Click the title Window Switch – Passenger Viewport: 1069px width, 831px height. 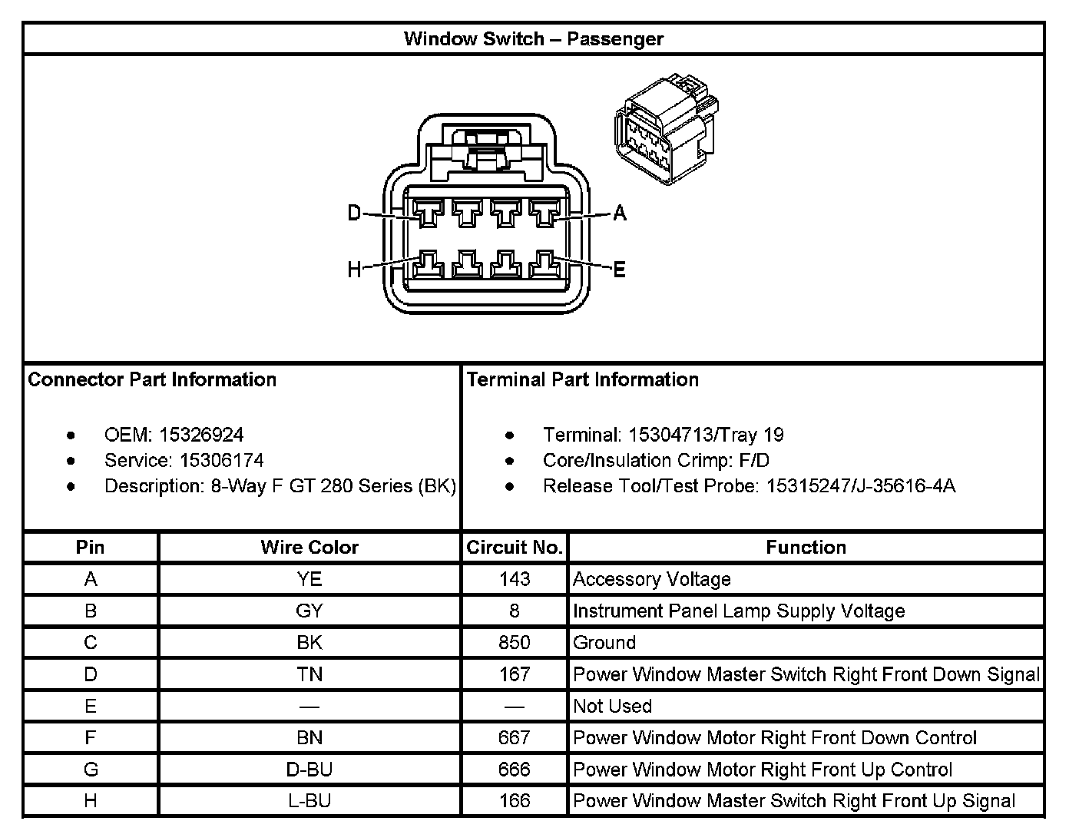pos(533,39)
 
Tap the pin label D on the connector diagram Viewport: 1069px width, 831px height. pos(354,213)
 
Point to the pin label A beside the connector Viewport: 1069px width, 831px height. pos(620,213)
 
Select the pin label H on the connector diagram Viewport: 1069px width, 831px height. pos(354,270)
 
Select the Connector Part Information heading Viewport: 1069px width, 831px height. pos(152,379)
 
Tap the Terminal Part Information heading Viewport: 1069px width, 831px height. pos(582,379)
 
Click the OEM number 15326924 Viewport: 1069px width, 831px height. pos(201,435)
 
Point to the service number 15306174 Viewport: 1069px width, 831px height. pos(222,460)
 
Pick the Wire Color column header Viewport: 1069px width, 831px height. pos(309,548)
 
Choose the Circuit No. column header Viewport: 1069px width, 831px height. pos(515,548)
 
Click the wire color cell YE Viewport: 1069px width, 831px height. pos(309,579)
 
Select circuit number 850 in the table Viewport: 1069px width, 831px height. pos(515,643)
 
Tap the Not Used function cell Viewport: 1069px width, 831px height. pos(612,706)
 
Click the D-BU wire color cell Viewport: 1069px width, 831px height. pos(309,770)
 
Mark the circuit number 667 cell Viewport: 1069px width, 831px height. pos(515,738)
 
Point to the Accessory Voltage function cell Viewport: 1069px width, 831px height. pos(651,579)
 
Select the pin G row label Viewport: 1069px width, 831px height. pos(91,770)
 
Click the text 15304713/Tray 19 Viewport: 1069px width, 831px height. pos(706,435)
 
